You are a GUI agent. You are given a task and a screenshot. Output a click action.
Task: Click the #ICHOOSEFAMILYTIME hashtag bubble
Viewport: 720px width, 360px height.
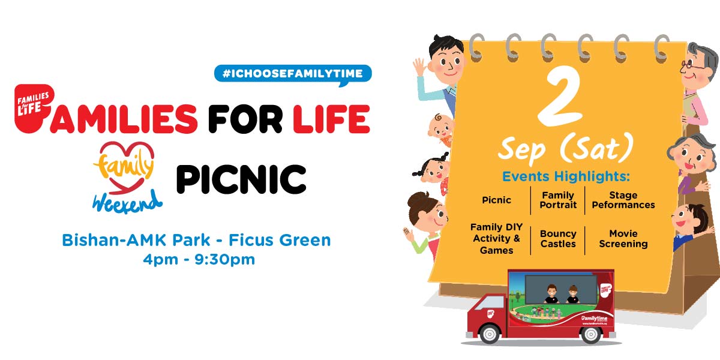tap(293, 73)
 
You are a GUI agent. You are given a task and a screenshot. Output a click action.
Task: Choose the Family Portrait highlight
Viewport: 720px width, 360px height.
tap(558, 200)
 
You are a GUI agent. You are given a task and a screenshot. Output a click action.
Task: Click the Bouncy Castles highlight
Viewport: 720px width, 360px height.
tap(558, 239)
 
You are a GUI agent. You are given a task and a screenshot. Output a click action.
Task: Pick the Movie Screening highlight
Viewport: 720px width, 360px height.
tap(623, 239)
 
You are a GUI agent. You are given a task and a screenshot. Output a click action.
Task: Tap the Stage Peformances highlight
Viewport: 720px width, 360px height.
tap(623, 200)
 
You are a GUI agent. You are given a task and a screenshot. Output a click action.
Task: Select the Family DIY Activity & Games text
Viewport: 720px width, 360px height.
tap(496, 239)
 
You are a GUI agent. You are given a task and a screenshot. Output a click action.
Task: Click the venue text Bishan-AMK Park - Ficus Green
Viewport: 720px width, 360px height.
tap(196, 241)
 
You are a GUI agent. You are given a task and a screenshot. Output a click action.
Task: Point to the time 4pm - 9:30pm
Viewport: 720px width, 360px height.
tap(196, 259)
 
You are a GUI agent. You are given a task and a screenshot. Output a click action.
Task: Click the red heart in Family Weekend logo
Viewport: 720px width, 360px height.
tap(127, 157)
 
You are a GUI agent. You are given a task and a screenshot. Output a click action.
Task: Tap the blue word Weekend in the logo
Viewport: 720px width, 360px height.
tap(127, 201)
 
